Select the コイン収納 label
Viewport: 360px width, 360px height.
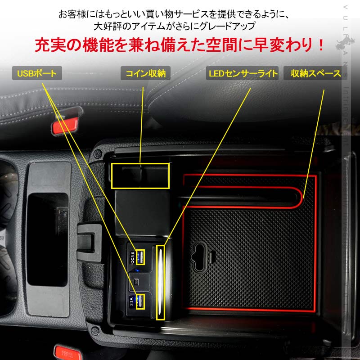[145, 73]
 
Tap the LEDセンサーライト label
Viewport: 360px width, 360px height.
[243, 73]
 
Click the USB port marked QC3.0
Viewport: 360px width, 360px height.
[140, 257]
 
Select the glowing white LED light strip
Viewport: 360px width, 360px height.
[160, 282]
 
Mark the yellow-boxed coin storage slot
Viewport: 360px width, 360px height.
[140, 175]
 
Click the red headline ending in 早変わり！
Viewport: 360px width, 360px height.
[180, 45]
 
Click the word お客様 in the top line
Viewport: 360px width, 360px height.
[70, 13]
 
